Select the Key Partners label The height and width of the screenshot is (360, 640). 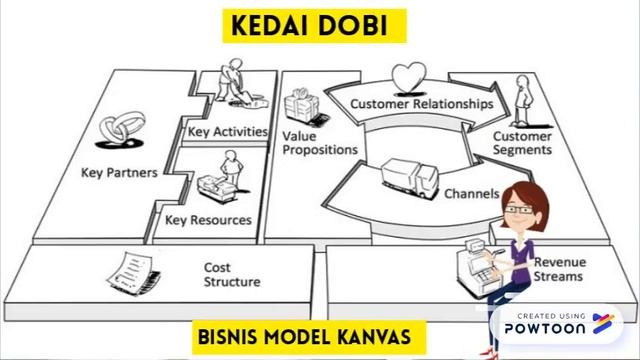[x=118, y=172]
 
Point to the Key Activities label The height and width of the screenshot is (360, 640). [x=228, y=131]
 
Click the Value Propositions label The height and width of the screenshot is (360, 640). [x=319, y=142]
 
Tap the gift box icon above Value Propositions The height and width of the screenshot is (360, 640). [x=299, y=105]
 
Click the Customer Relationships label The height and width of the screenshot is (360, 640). [x=421, y=103]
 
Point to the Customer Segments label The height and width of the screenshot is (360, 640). [x=522, y=142]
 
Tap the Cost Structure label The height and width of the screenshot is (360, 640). [x=232, y=275]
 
